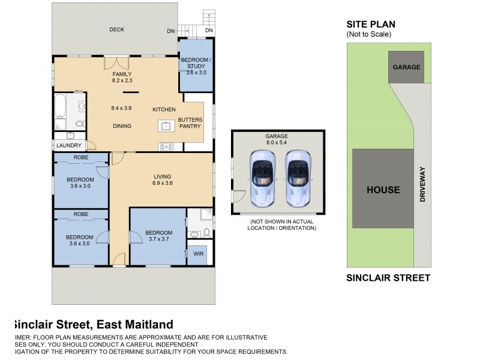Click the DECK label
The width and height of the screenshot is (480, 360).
[x=116, y=29]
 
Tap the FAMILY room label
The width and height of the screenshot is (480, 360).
[x=121, y=74]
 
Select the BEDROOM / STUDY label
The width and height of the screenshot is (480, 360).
[x=196, y=66]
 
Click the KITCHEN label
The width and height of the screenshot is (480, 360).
[x=164, y=110]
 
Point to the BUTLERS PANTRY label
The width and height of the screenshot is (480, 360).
[x=190, y=124]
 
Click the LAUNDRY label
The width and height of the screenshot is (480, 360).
[x=68, y=145]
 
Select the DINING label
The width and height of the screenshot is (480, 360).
[x=122, y=126]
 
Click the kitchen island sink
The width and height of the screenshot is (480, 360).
[x=165, y=126]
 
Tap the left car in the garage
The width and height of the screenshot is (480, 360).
[x=262, y=178]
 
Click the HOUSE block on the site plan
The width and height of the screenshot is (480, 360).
[x=383, y=190]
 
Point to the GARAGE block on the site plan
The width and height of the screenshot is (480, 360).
[x=406, y=67]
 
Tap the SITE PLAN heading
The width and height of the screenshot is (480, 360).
[x=370, y=25]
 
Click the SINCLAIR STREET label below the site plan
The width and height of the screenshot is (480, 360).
[x=388, y=278]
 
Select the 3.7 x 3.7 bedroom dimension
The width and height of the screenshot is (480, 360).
[x=158, y=240]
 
